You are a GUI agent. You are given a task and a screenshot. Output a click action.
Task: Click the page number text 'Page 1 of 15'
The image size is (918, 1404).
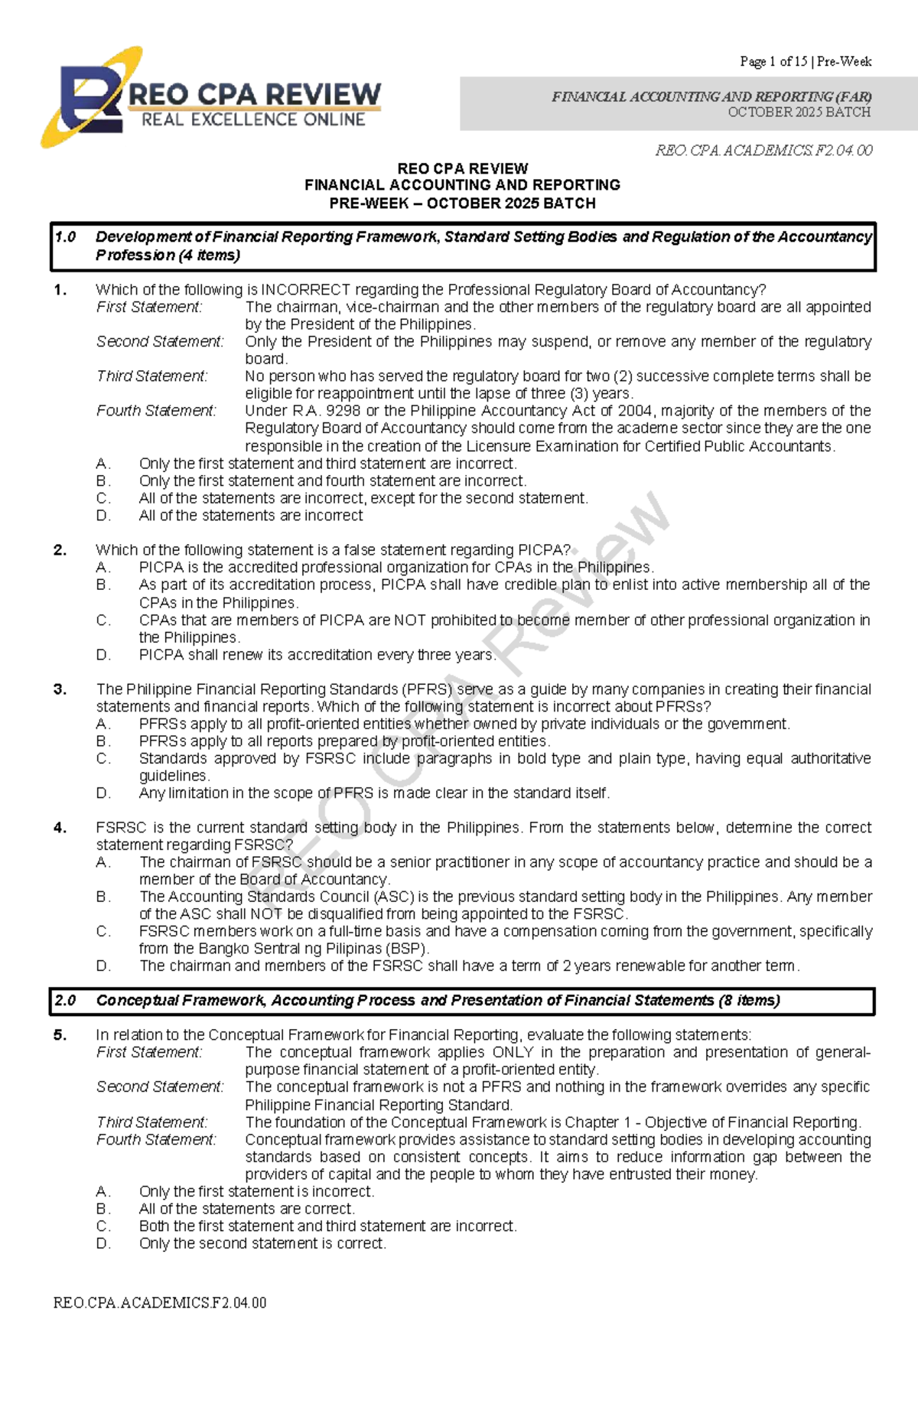[773, 61]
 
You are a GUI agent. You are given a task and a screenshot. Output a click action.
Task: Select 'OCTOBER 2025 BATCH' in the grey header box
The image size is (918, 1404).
[799, 112]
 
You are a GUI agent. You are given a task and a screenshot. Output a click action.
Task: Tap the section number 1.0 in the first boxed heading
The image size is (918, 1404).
[66, 237]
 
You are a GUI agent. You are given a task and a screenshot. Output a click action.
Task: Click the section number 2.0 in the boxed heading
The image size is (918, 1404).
[66, 1001]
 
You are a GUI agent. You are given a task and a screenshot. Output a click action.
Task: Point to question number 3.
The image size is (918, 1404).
[60, 689]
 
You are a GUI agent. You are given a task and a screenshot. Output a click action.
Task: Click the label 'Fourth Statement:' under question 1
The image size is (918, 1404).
[156, 411]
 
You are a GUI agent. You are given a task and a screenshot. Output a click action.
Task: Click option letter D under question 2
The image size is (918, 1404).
[103, 655]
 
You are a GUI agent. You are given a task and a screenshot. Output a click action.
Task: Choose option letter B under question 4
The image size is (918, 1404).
[103, 897]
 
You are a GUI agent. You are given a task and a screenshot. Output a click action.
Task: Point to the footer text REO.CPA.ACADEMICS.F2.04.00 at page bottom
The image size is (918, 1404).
[160, 1303]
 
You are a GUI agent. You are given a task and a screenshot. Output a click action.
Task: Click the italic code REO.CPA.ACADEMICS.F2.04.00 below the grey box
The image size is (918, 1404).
[763, 151]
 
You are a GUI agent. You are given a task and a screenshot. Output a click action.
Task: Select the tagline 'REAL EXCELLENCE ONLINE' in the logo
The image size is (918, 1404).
[253, 120]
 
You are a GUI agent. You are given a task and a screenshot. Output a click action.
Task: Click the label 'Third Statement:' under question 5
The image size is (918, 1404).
[151, 1122]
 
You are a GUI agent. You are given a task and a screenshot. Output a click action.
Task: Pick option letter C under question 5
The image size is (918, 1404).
[103, 1226]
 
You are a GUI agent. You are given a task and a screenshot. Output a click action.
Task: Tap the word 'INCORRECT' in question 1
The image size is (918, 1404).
[306, 290]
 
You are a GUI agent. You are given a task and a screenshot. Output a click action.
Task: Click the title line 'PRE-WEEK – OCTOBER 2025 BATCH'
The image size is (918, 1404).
[462, 204]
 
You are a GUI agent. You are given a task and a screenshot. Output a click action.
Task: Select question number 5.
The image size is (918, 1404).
[60, 1035]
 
